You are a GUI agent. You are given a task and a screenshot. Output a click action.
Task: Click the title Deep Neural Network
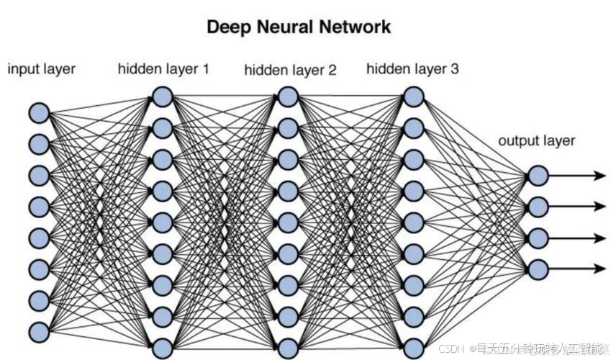click(299, 27)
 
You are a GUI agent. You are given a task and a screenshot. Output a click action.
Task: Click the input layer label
click(42, 70)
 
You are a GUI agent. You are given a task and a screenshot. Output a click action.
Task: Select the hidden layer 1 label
click(163, 70)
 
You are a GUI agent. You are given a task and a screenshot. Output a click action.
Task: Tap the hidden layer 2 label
click(290, 71)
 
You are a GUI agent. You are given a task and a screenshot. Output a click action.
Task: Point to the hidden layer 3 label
click(412, 70)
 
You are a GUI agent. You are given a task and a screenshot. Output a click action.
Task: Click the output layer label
click(537, 140)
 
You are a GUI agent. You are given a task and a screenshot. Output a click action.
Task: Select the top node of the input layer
click(39, 112)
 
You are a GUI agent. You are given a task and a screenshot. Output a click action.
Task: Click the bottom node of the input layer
click(39, 331)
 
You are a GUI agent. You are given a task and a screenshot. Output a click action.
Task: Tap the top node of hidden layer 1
click(163, 96)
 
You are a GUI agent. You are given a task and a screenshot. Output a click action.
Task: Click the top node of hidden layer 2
click(288, 96)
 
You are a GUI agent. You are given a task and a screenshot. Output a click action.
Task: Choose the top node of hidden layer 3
click(413, 96)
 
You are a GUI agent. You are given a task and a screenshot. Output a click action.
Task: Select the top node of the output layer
click(538, 175)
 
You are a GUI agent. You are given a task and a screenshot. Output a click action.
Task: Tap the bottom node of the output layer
click(538, 269)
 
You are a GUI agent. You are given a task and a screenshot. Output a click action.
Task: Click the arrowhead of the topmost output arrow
click(599, 175)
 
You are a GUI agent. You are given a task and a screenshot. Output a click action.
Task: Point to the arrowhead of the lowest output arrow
click(599, 269)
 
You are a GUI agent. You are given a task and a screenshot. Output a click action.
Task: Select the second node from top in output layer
click(538, 207)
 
